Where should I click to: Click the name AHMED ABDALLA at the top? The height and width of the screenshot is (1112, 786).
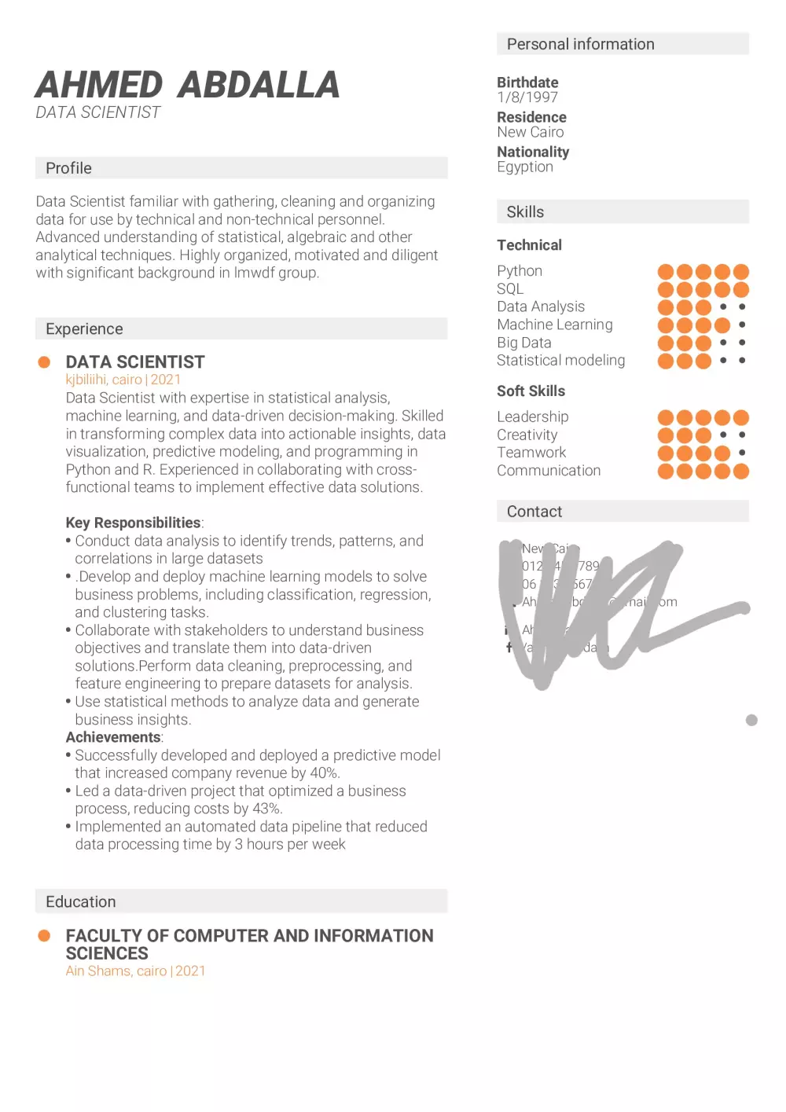[x=187, y=86]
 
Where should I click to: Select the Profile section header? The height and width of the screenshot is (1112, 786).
[x=68, y=168]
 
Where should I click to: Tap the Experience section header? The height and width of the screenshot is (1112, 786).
[x=84, y=328]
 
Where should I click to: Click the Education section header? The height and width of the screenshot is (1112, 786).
[x=80, y=901]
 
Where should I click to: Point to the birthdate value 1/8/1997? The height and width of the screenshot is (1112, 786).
[x=527, y=97]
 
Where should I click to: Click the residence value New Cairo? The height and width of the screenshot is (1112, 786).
[x=530, y=132]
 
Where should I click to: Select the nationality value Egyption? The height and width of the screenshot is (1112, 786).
[x=525, y=167]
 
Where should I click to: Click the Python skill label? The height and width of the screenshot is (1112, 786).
[x=520, y=270]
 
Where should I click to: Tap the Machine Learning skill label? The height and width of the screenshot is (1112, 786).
[x=554, y=325]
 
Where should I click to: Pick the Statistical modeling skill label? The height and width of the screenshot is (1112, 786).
[x=560, y=360]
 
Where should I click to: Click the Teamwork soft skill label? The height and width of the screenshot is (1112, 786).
[x=531, y=452]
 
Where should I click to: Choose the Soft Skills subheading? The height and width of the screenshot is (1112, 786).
[x=531, y=391]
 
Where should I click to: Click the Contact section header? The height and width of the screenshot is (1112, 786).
[x=534, y=512]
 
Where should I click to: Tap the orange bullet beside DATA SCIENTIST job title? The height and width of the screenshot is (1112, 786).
[x=44, y=362]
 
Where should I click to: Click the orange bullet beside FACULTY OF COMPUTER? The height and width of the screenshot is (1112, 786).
[x=44, y=936]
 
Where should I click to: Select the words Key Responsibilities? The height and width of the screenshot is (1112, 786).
[x=133, y=523]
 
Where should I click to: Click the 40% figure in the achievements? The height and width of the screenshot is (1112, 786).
[x=323, y=773]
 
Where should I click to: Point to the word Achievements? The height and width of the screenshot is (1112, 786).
[x=112, y=737]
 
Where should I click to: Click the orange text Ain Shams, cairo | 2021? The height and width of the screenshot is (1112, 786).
[x=135, y=971]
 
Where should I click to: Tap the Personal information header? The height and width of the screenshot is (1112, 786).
[x=580, y=44]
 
